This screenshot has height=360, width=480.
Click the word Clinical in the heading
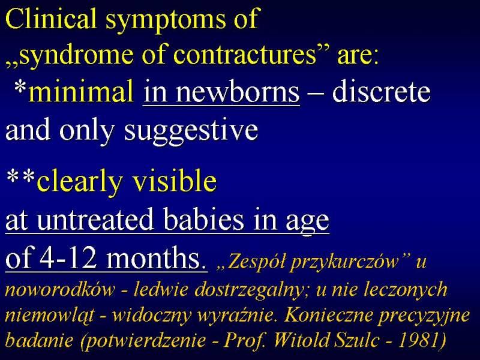click(x=51, y=18)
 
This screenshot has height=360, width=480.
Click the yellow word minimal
click(x=81, y=91)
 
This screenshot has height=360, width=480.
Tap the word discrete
click(x=382, y=91)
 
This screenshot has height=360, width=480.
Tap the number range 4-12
click(x=68, y=258)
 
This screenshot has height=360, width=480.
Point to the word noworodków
click(x=61, y=289)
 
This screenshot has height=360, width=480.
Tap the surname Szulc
click(x=357, y=340)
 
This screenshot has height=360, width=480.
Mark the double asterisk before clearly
click(x=20, y=176)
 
